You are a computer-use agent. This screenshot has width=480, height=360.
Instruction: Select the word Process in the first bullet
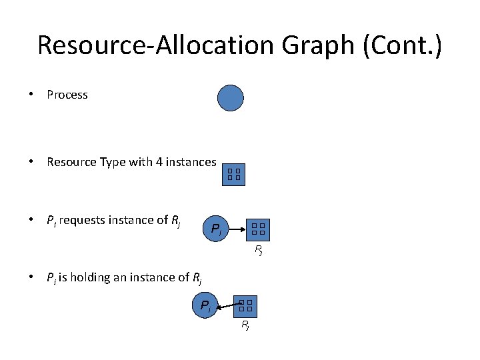[x=67, y=95]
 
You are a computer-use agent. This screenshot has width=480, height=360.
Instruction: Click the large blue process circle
[x=231, y=99]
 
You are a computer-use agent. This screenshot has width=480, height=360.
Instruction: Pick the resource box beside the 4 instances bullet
[x=233, y=175]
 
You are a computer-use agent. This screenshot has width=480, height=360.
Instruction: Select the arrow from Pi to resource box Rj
[x=238, y=230]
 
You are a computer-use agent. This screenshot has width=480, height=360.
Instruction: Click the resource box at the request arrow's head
[x=258, y=230]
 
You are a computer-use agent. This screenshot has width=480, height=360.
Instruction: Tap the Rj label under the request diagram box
[x=258, y=251]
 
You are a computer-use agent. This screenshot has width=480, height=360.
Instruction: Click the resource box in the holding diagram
[x=245, y=306]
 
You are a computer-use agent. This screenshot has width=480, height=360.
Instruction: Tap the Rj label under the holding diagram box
[x=245, y=325]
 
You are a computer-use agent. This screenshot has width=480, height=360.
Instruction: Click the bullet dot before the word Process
[x=32, y=95]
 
